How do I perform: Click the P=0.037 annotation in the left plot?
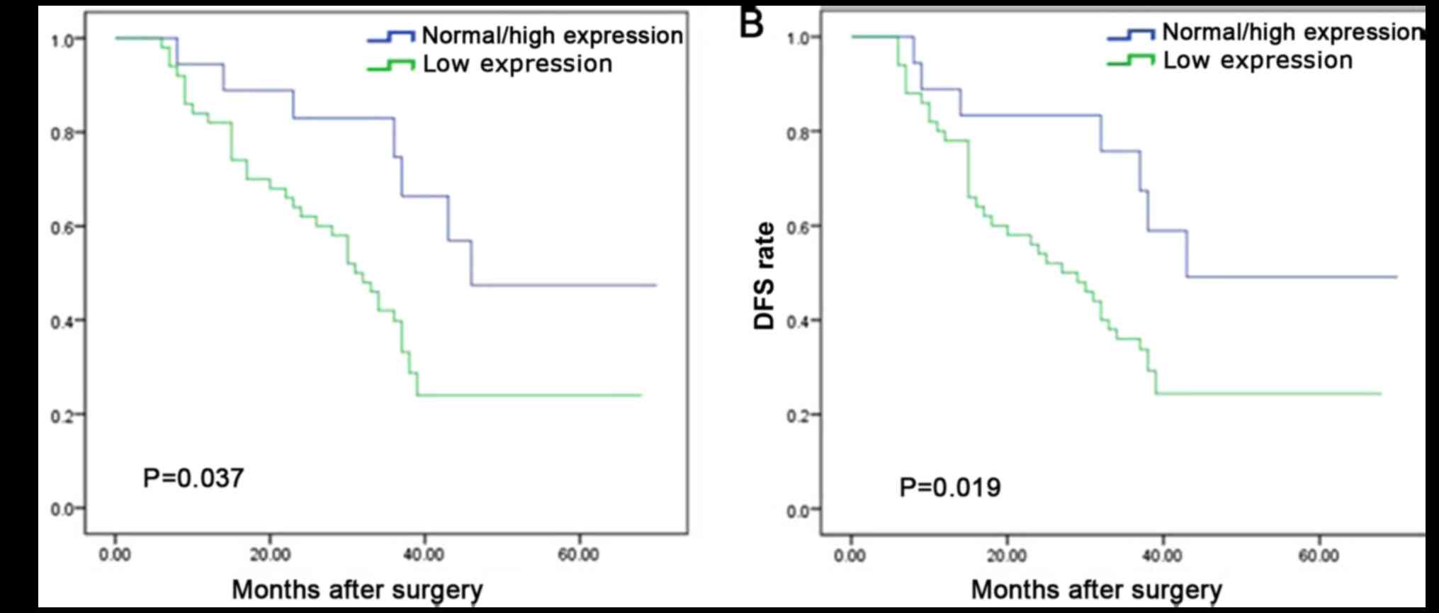click(x=193, y=478)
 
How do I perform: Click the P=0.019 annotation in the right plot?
click(x=950, y=488)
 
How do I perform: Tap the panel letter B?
click(x=752, y=23)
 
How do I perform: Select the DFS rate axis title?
click(x=765, y=276)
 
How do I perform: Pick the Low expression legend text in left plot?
click(x=517, y=64)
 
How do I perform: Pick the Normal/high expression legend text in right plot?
click(x=1292, y=32)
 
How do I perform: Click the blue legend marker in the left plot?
click(x=391, y=36)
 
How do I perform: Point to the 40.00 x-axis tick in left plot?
click(x=424, y=554)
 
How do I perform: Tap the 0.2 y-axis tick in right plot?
click(x=798, y=415)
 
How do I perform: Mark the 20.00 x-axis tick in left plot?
click(x=270, y=554)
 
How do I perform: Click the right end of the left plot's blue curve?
click(x=656, y=285)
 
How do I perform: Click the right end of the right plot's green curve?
click(x=1380, y=393)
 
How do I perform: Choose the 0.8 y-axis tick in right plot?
click(x=798, y=132)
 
